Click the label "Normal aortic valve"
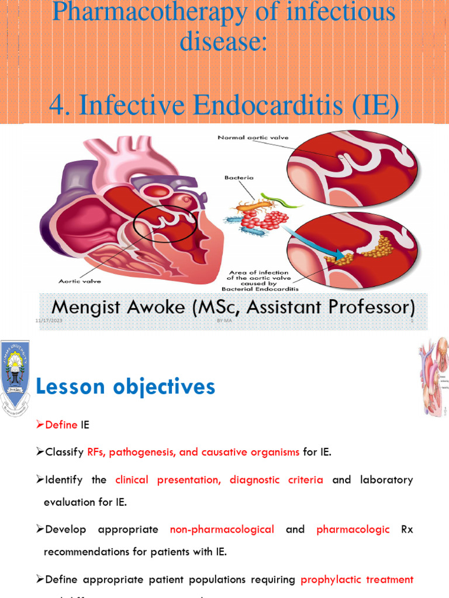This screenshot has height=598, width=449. pyautogui.click(x=253, y=138)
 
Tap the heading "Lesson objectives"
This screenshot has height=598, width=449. pyautogui.click(x=126, y=387)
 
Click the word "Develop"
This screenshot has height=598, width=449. pyautogui.click(x=65, y=530)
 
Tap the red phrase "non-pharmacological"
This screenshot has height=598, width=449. pyautogui.click(x=222, y=530)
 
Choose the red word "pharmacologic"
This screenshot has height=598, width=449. pyautogui.click(x=353, y=530)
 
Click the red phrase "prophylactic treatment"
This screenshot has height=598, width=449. pyautogui.click(x=357, y=580)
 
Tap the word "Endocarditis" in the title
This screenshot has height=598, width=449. pyautogui.click(x=263, y=105)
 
